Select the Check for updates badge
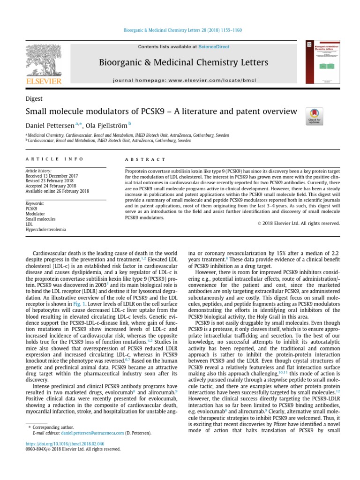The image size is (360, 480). point(314,116)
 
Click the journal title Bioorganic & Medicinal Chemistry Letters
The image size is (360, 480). point(183,63)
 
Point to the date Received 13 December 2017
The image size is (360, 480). point(53,176)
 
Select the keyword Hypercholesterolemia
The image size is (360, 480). point(45,230)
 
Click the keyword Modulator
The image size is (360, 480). point(35,213)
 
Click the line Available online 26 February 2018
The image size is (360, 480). point(57,191)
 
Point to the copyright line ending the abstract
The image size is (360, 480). point(299,223)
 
